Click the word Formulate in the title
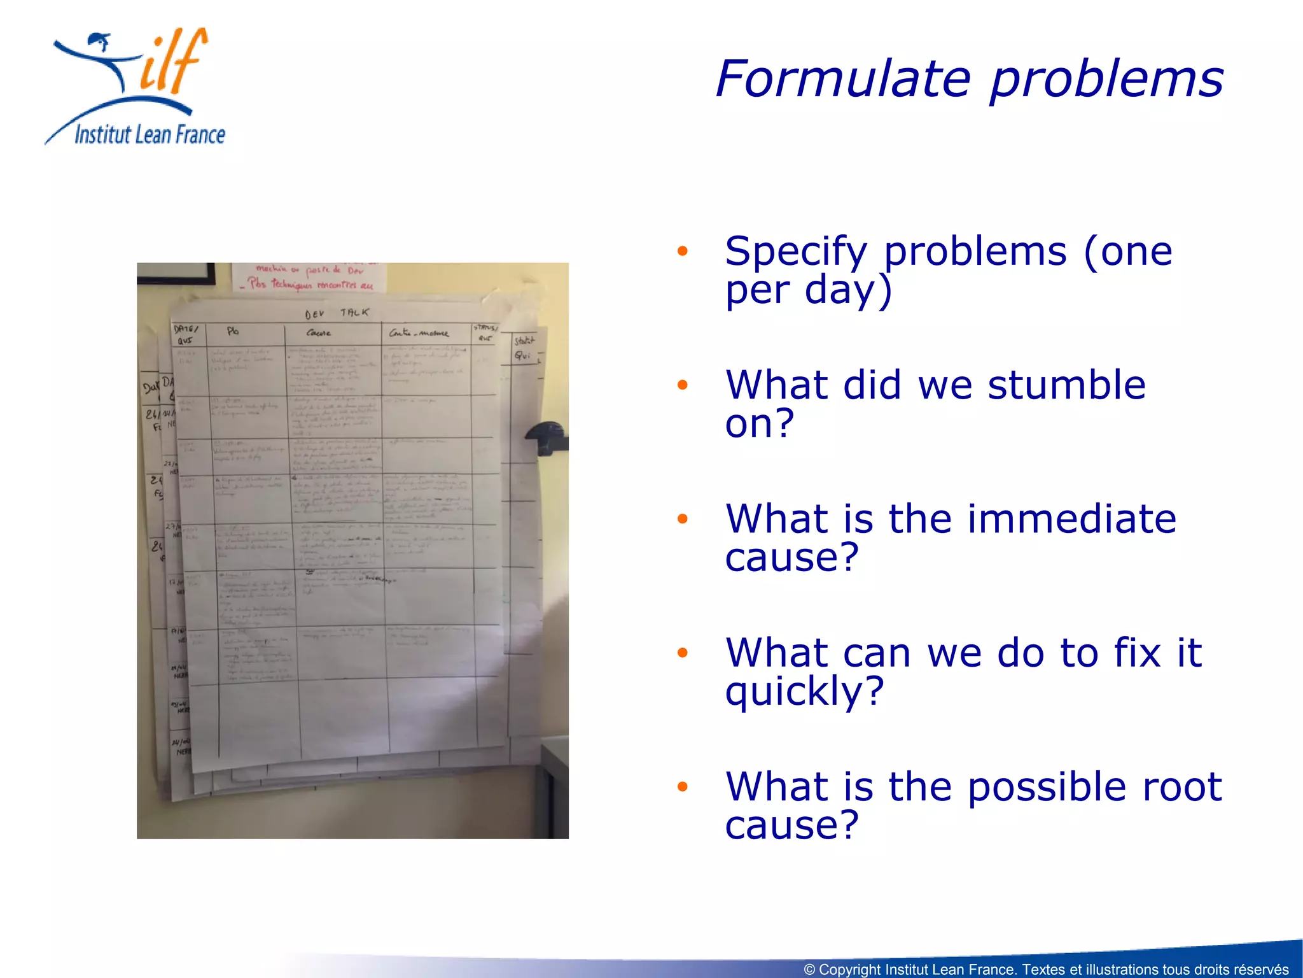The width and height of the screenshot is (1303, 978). [x=844, y=79]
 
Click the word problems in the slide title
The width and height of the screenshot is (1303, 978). [x=1107, y=80]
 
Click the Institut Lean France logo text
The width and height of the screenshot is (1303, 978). [x=150, y=135]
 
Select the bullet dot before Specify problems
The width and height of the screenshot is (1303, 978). [x=683, y=251]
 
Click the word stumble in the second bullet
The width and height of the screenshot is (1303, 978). [x=1066, y=385]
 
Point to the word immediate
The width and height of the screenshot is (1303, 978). [x=1071, y=519]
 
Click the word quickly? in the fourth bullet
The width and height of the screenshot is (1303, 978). [x=804, y=691]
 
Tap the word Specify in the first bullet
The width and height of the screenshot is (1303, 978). [x=796, y=252]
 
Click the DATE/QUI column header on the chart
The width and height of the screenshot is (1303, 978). [x=186, y=334]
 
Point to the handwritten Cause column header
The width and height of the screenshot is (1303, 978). [x=319, y=333]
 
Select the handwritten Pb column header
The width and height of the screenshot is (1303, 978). [x=233, y=331]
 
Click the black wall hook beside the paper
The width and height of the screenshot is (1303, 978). [x=547, y=438]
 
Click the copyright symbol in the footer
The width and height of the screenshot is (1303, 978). [x=809, y=970]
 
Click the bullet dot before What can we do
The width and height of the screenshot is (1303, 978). [x=683, y=653]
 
